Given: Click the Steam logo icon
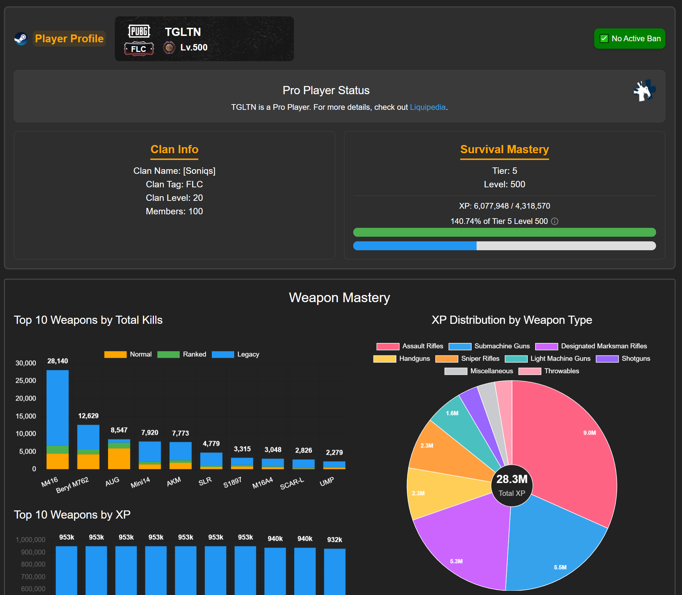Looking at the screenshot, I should tap(21, 38).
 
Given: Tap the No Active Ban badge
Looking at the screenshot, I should tap(629, 38).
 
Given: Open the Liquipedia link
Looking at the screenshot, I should tap(428, 107).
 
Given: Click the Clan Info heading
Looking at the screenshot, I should tap(174, 149).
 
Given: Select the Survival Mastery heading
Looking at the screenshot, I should tap(504, 149).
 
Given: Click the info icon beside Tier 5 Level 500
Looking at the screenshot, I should tap(554, 221).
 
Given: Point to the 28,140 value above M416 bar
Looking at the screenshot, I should tap(58, 361).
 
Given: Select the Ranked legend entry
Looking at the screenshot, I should tap(182, 354).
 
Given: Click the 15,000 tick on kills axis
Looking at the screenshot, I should tap(26, 416).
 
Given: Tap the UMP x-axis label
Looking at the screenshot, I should tap(327, 482).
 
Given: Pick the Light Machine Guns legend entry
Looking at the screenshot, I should tap(548, 359).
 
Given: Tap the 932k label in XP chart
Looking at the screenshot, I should tap(334, 540).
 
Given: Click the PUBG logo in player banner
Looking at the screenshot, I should tap(139, 31).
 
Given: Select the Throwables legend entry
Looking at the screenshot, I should tap(549, 371).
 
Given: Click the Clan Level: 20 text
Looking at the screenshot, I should tap(174, 198).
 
